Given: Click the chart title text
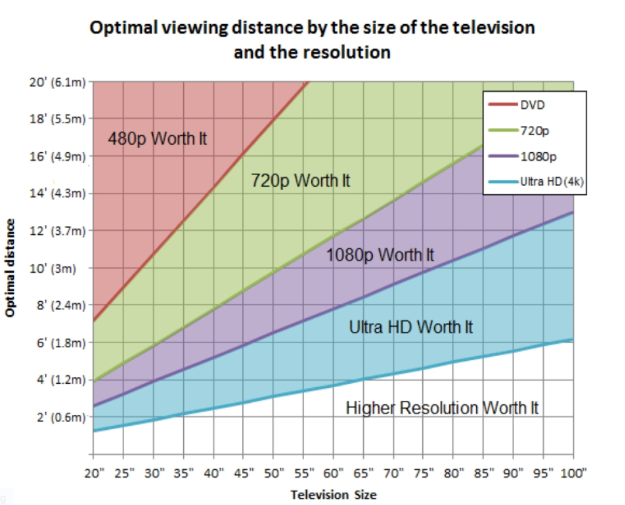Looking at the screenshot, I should (x=312, y=39).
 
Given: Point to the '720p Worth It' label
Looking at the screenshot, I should (x=300, y=181).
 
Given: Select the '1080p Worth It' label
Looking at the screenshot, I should (x=380, y=254).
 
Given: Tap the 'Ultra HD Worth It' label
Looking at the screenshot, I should (x=411, y=327).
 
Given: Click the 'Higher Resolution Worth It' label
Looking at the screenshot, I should (x=442, y=408).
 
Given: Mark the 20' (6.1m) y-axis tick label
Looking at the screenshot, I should (x=56, y=82).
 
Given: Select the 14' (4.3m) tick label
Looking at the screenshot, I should (x=56, y=194).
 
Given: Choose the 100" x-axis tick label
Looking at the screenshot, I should (x=573, y=474).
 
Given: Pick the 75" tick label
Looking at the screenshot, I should (x=423, y=474).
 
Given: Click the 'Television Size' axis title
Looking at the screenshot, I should (x=333, y=494).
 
